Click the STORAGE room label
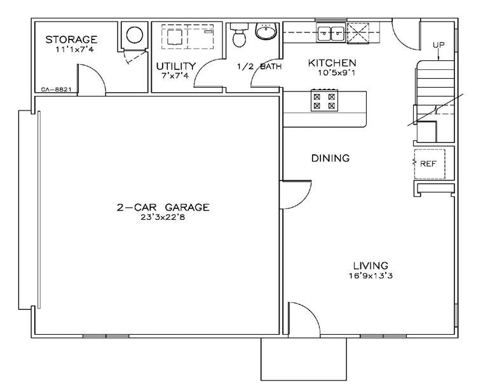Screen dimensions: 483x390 (71, 39)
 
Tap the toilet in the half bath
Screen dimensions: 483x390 (239, 34)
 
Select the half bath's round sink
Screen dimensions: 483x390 (266, 30)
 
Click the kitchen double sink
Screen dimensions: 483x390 (331, 33)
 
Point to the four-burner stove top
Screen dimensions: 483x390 (324, 100)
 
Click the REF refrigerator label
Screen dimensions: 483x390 (428, 164)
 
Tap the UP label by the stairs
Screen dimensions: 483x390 (439, 45)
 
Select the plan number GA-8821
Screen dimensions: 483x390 (57, 90)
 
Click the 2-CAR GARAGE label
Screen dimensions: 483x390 (163, 207)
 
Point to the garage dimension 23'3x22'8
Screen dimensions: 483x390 (163, 217)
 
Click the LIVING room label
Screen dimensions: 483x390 (371, 266)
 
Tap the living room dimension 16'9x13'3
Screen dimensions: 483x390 (371, 276)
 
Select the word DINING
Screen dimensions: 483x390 (330, 158)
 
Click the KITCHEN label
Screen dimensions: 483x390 (332, 63)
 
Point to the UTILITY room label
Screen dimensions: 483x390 (176, 66)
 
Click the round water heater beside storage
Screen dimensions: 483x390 (135, 34)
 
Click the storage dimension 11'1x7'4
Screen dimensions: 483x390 (74, 50)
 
